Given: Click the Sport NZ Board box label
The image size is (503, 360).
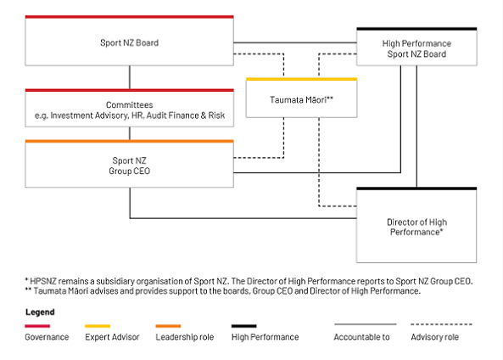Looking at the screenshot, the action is [129, 42].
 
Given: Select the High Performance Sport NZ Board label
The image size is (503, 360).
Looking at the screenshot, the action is [416, 48].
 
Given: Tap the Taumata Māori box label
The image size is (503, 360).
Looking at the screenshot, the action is [301, 100].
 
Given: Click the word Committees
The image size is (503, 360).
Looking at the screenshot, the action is [130, 104].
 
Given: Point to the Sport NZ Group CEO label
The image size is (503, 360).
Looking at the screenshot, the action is [129, 166].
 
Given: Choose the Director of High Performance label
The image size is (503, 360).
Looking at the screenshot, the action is [416, 227].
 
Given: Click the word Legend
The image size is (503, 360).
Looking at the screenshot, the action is [40, 312].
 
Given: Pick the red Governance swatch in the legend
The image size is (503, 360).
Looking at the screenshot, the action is [37, 326].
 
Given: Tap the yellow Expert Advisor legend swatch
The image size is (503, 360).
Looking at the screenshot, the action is [98, 326].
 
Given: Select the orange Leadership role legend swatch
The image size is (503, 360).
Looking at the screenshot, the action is [168, 326].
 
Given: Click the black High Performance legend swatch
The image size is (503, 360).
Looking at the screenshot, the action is [244, 326].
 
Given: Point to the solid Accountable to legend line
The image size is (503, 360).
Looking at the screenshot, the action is [366, 324].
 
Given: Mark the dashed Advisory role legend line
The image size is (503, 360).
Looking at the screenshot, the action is [441, 324].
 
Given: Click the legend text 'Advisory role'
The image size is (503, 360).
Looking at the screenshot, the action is [434, 337].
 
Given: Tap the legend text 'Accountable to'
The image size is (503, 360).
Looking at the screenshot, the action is [362, 337].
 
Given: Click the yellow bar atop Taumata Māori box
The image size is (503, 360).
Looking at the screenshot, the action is [301, 79].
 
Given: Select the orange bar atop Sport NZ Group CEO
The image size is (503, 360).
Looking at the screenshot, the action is [129, 141].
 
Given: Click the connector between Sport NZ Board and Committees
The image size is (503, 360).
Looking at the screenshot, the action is [130, 77].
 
